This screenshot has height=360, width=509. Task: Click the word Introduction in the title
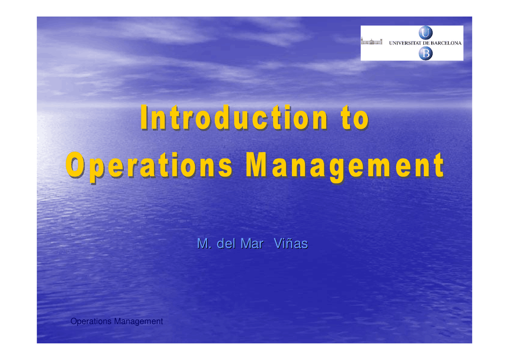[234, 117]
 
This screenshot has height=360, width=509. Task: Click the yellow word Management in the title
[345, 167]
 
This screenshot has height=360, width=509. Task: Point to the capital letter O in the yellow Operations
[75, 165]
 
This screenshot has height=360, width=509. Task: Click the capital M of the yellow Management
[256, 165]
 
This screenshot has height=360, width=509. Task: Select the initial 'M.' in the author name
[204, 243]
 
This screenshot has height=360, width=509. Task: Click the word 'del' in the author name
[226, 243]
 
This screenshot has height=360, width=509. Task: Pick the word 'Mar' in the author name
[252, 243]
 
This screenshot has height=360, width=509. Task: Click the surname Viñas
[291, 243]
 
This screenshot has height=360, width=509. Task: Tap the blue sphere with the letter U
[425, 33]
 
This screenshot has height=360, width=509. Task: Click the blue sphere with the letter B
[425, 53]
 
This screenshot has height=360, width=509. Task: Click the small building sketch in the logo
[371, 41]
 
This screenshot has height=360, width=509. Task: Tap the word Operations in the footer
[91, 321]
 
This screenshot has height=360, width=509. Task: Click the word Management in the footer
[138, 321]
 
